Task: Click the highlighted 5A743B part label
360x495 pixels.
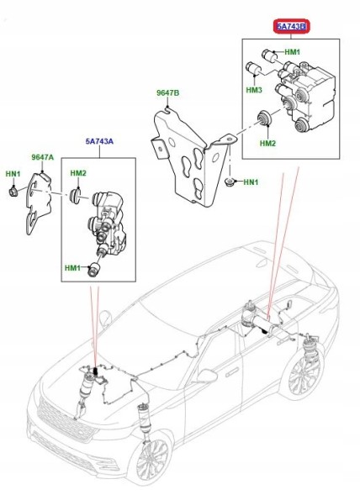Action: tap(291, 26)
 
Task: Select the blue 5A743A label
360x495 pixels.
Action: tap(99, 141)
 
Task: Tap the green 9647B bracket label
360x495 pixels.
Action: tap(168, 92)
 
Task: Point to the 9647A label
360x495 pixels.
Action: tap(43, 157)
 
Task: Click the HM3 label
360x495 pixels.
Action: tap(254, 90)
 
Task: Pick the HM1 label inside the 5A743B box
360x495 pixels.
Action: tap(293, 52)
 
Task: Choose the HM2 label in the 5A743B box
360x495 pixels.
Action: tap(268, 144)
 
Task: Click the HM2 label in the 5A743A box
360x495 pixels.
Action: tap(78, 173)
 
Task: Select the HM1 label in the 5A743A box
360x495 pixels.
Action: tap(72, 268)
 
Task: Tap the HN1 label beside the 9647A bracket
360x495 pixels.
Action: tap(13, 174)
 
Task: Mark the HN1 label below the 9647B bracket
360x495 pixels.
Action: tap(251, 182)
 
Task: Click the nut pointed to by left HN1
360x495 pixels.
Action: tap(13, 191)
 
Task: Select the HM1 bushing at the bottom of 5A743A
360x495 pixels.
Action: tap(93, 270)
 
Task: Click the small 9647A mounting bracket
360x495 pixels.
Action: tap(39, 202)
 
